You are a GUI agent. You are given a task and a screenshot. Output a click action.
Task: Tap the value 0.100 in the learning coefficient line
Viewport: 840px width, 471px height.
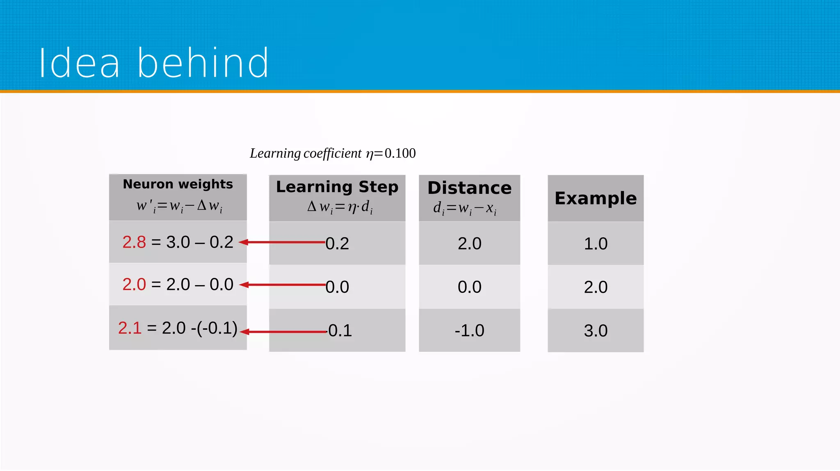point(400,154)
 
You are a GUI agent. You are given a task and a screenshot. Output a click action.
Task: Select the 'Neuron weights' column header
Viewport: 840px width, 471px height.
point(178,184)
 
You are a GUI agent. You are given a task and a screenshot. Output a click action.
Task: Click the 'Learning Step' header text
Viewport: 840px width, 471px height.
point(337,187)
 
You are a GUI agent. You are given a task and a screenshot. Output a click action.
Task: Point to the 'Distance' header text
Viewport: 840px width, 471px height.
point(469,188)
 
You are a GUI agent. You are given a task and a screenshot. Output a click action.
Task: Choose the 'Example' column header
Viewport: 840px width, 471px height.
point(595,198)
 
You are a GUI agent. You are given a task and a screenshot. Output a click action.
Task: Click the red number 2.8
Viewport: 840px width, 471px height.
point(134,242)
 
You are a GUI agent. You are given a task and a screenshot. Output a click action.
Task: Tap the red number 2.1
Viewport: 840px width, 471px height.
point(130,328)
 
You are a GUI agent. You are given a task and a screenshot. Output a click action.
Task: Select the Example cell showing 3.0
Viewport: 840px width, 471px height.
point(595,331)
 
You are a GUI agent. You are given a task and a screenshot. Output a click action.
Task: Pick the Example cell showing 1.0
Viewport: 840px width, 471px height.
point(595,244)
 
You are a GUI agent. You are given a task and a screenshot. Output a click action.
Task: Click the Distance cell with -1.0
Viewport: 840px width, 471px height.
point(469,331)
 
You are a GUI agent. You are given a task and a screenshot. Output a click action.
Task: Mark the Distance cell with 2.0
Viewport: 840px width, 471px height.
point(469,244)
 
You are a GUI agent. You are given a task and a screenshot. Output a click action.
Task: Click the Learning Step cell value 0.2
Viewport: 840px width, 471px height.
point(337,244)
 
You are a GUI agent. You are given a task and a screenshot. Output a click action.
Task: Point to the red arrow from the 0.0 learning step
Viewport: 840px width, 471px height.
point(283,285)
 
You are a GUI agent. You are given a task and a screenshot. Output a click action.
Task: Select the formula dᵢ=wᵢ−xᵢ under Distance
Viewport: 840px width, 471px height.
point(465,209)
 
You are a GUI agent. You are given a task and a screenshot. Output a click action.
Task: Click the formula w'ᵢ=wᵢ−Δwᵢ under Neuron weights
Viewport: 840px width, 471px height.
point(179,206)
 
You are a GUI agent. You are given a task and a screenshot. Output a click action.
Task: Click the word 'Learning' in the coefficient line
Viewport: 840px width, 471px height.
point(275,154)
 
